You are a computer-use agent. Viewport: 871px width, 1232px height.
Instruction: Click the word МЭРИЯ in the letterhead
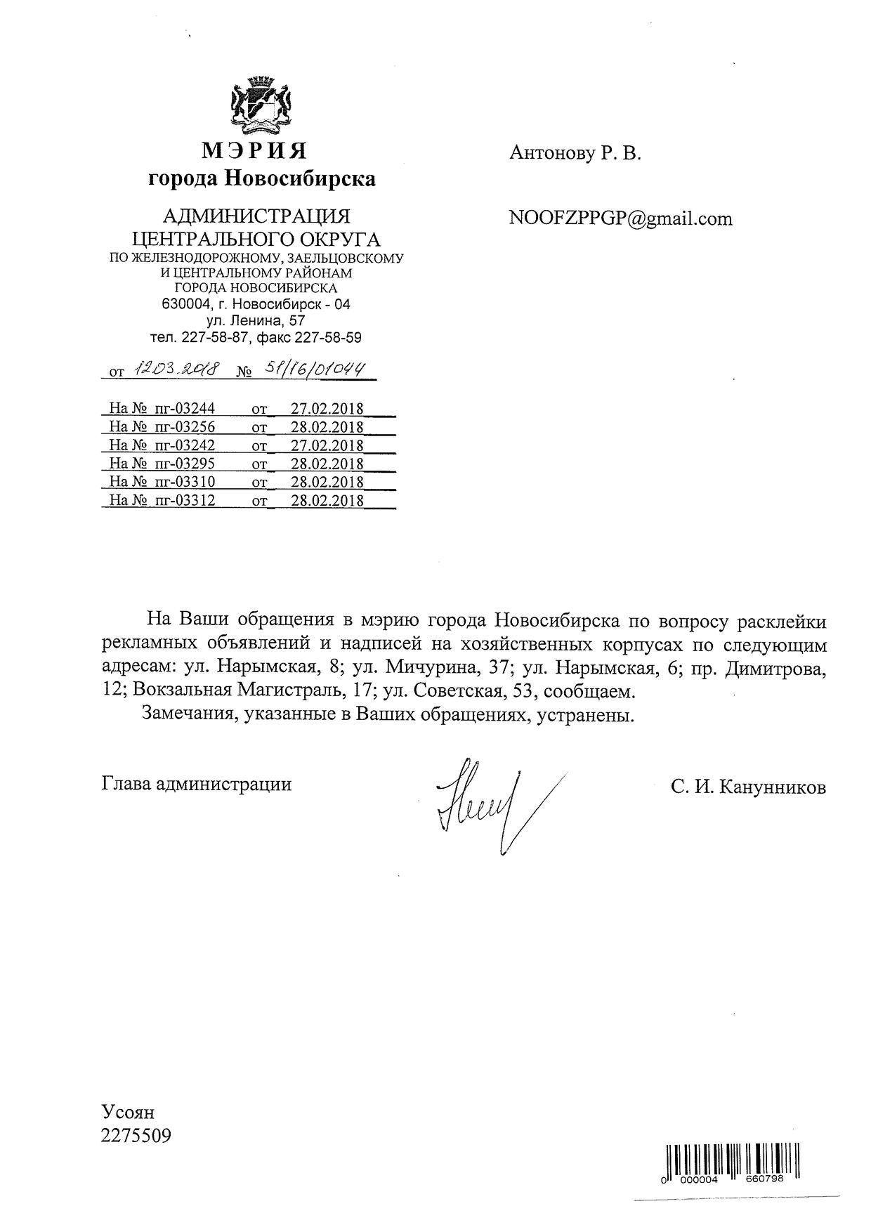tap(255, 150)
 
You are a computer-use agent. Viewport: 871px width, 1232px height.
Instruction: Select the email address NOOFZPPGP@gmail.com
tap(620, 219)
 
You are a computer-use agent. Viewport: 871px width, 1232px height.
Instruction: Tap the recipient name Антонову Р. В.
tap(575, 153)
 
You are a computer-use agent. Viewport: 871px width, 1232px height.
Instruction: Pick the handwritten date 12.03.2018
tap(178, 369)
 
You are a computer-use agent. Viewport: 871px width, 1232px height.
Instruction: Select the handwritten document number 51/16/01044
tap(312, 369)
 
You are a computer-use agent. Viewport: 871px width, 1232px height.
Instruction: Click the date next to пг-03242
tap(327, 445)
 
